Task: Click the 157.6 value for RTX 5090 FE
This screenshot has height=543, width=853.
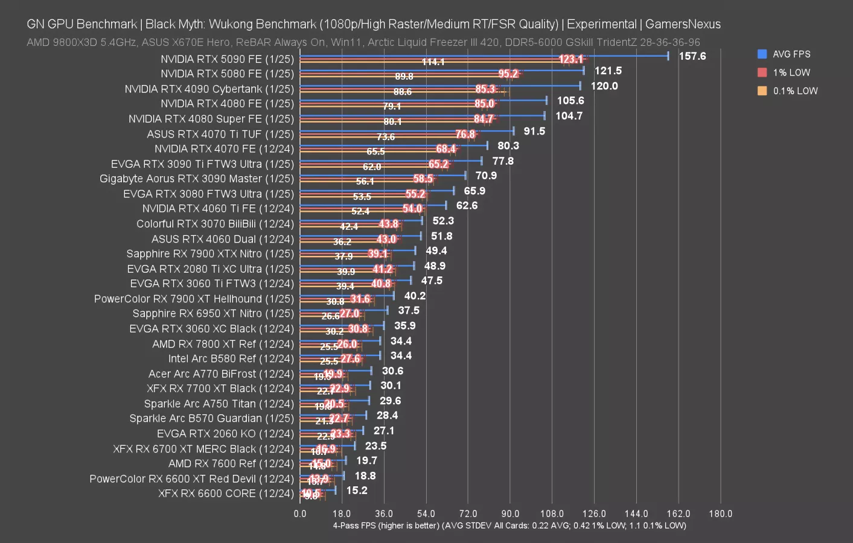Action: [692, 56]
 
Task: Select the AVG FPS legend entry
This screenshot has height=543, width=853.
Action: [791, 54]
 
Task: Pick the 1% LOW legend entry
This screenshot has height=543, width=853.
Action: [791, 72]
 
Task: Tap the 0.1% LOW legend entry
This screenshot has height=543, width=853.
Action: [794, 91]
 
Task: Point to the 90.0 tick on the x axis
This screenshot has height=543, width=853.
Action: [510, 514]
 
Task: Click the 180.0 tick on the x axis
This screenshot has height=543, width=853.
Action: [720, 514]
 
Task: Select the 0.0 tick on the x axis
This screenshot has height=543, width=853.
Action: [300, 514]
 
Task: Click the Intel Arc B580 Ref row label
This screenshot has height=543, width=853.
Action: [231, 359]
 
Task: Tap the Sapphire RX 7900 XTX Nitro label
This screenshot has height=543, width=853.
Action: [210, 254]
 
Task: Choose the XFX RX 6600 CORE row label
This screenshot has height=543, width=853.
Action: [226, 494]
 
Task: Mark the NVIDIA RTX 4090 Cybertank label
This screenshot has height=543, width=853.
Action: [209, 89]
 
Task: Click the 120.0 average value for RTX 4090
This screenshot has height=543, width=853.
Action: [604, 86]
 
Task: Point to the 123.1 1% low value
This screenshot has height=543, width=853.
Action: [570, 59]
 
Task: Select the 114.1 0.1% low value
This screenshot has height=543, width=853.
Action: [433, 62]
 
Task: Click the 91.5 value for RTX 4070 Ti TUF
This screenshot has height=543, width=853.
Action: [534, 131]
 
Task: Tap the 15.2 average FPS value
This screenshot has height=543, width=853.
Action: [356, 491]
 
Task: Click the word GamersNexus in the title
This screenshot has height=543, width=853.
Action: [683, 24]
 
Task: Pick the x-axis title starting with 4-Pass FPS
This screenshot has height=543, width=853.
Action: [509, 526]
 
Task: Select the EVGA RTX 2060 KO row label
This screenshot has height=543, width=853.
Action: [225, 434]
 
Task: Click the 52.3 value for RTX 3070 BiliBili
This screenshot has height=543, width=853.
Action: [443, 221]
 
